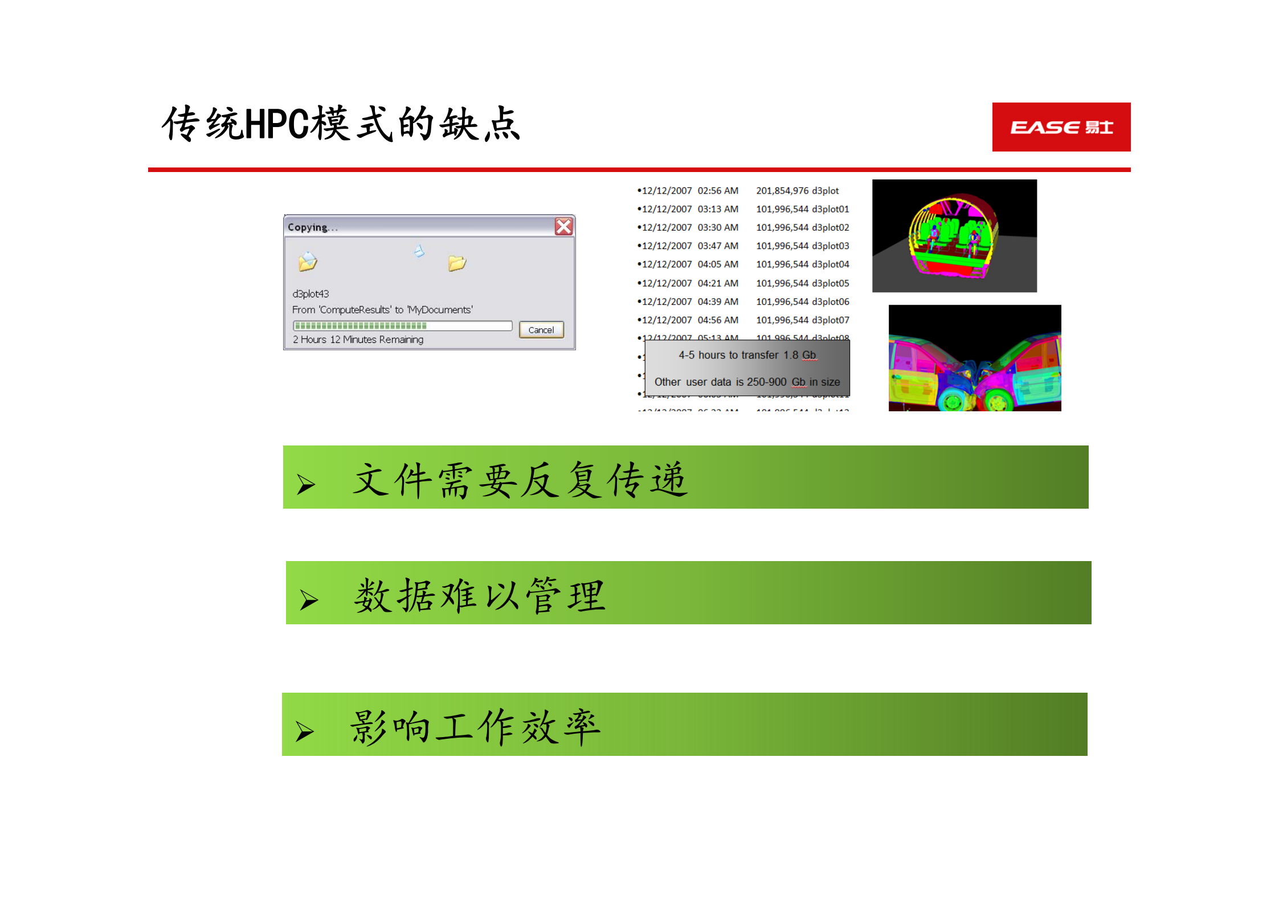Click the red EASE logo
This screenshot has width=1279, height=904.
pos(1061,127)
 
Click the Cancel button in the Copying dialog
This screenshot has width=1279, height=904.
pos(541,330)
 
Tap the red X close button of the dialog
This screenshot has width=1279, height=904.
pos(563,227)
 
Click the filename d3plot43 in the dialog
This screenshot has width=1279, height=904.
pos(310,294)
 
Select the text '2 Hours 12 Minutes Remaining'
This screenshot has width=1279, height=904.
pos(358,339)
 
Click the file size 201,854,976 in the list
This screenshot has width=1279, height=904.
pos(782,191)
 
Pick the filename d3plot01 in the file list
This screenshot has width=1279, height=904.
pos(831,209)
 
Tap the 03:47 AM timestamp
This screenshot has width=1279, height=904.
pos(718,246)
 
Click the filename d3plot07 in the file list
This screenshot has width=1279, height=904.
pos(831,320)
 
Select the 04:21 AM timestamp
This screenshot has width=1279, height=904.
pos(718,283)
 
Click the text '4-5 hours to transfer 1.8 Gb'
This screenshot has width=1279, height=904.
pos(747,355)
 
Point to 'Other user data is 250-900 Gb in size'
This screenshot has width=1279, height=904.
pos(747,382)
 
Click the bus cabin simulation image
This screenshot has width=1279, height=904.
pos(954,235)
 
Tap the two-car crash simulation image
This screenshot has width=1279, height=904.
pos(974,358)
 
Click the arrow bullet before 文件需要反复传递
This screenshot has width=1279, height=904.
pos(306,484)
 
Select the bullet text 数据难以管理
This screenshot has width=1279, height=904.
pos(479,596)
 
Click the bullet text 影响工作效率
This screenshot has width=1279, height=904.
pos(475,727)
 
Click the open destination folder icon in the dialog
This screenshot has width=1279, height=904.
pos(457,263)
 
